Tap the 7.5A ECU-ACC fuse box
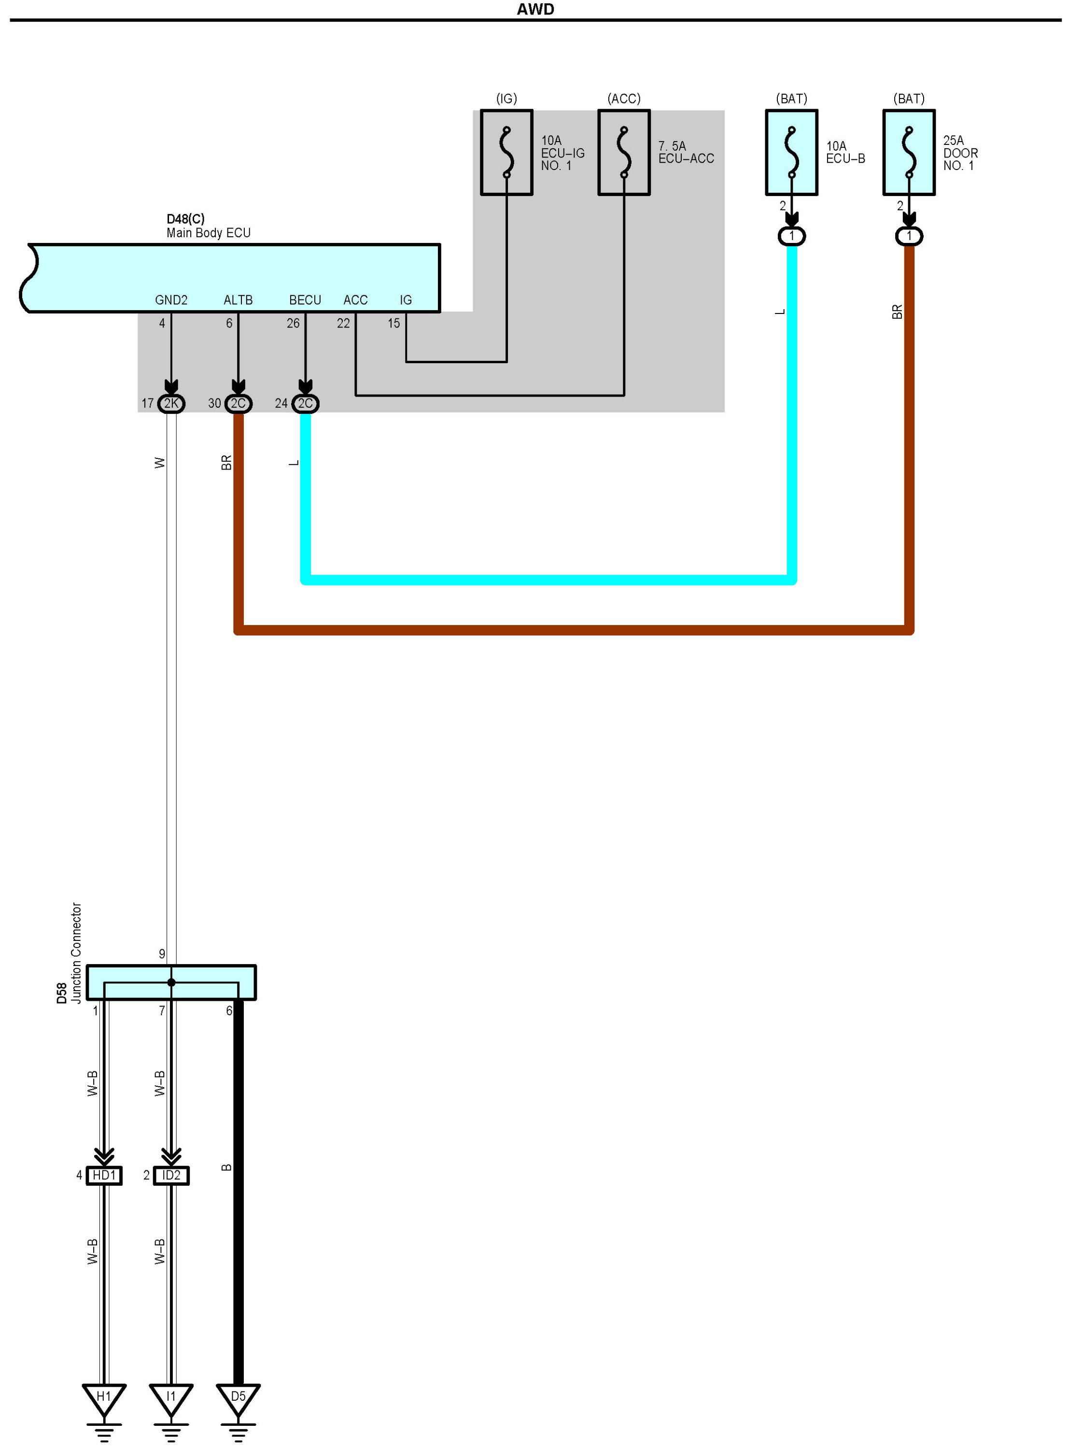pyautogui.click(x=623, y=152)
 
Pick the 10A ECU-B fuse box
pyautogui.click(x=791, y=152)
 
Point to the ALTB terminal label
pyautogui.click(x=238, y=300)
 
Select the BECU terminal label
pyautogui.click(x=305, y=300)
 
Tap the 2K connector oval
pyautogui.click(x=171, y=403)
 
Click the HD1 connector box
pyautogui.click(x=104, y=1175)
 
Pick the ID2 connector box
pyautogui.click(x=171, y=1175)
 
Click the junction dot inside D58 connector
pyautogui.click(x=171, y=982)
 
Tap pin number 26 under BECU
pyautogui.click(x=293, y=323)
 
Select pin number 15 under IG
pyautogui.click(x=393, y=323)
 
